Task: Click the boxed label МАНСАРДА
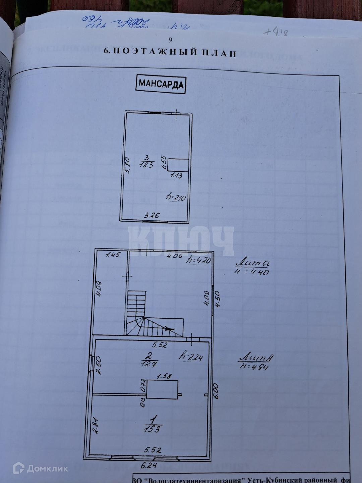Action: (x=161, y=84)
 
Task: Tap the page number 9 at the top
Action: (x=170, y=40)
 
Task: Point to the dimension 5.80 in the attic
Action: (x=126, y=165)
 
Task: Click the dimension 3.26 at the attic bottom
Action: (x=151, y=216)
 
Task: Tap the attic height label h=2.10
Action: (x=176, y=198)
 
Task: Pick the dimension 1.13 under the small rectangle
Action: (x=176, y=175)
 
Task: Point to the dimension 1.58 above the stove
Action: (x=164, y=376)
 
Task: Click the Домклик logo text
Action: (x=48, y=469)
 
